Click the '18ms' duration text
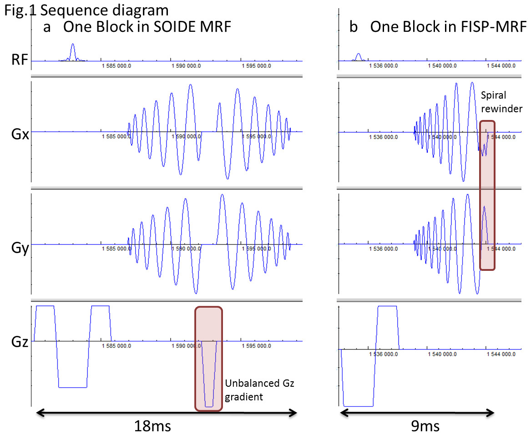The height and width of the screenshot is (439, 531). point(152,426)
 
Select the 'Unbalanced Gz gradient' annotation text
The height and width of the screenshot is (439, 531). point(260,390)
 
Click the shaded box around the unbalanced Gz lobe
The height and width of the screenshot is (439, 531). point(209,359)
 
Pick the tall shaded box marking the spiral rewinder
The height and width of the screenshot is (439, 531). point(487,195)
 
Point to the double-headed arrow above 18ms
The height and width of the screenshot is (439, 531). point(166,413)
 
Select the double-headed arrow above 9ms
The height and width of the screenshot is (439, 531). point(417,413)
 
